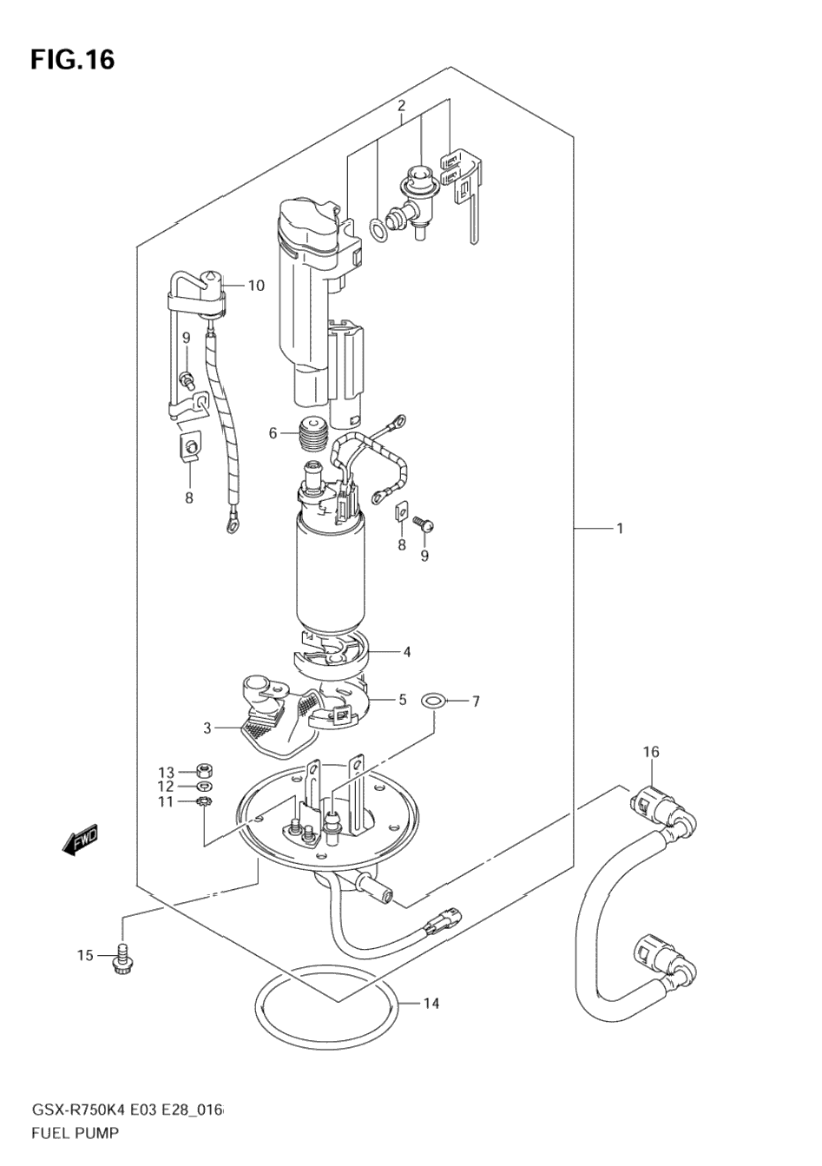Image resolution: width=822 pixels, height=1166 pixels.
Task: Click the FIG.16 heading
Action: coord(72,60)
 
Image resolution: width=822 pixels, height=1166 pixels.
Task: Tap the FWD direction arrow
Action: coord(80,840)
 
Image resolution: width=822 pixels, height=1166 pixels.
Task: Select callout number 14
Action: coord(431,1004)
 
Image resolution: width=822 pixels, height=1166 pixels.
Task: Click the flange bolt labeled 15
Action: coord(122,959)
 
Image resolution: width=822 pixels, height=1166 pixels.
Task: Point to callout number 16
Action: coord(651,751)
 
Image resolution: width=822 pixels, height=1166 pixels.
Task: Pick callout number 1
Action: coord(620,528)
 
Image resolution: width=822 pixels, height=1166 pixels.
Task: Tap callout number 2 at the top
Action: coord(401,106)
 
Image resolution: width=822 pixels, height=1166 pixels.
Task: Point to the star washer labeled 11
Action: coord(205,800)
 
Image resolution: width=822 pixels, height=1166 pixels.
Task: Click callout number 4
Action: coord(405,651)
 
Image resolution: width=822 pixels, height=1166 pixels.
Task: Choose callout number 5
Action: coord(402,700)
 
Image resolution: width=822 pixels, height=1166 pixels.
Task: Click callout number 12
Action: coord(166,786)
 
